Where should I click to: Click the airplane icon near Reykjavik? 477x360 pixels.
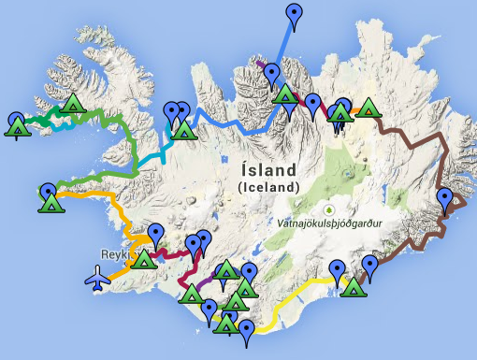coord(96,278)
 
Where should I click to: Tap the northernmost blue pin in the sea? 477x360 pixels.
coord(296,14)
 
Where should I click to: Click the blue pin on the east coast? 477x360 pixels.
coord(446,198)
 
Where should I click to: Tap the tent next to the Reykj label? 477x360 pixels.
coord(143,258)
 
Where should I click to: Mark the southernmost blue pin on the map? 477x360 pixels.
coord(246,331)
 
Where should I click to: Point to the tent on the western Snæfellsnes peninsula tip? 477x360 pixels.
coord(51,203)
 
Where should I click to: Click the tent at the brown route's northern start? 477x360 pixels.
coord(368,108)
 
